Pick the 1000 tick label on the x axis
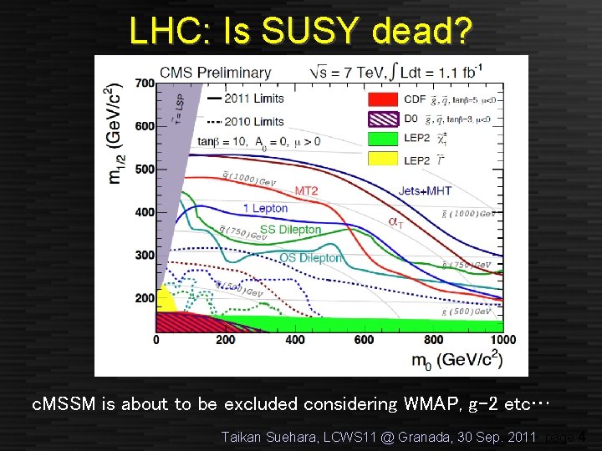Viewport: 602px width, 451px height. click(x=503, y=340)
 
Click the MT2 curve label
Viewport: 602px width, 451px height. click(x=306, y=191)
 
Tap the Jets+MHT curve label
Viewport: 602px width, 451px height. click(x=424, y=191)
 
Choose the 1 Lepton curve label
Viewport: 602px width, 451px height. click(x=265, y=208)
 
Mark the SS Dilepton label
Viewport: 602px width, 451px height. click(x=290, y=230)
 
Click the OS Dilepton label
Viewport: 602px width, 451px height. click(x=310, y=258)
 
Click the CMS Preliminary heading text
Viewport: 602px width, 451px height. click(x=215, y=73)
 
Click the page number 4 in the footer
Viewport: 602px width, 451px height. click(x=582, y=435)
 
